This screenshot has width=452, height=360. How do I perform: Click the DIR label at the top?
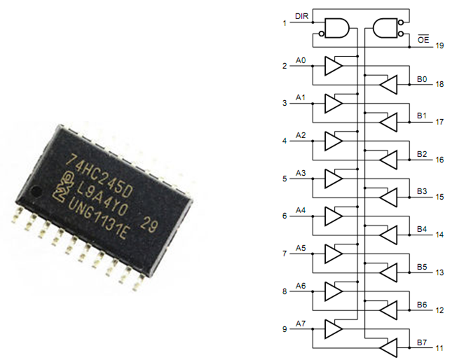301,15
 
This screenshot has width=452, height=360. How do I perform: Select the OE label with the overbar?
423,40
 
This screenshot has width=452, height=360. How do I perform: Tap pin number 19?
439,46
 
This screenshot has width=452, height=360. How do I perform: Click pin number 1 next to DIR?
284,23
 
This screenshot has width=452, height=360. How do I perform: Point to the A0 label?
301,60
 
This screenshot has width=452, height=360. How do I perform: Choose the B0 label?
422,79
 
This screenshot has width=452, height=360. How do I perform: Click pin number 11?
439,347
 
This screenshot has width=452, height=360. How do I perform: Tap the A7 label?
301,324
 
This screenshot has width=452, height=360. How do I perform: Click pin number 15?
439,197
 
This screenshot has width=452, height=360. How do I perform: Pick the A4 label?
301,210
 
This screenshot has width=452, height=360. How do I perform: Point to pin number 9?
284,329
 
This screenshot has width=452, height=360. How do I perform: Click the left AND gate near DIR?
336,27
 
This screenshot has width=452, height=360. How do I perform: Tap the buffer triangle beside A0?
333,67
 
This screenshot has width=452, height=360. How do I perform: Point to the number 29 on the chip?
149,224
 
